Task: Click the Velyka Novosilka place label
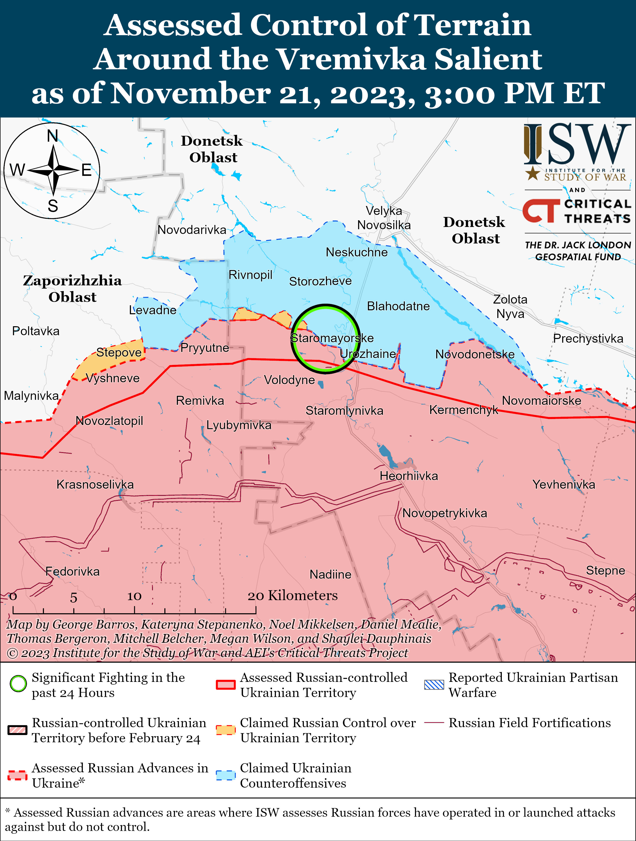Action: tap(384, 218)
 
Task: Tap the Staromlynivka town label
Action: tap(344, 411)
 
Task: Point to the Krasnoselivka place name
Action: tap(95, 484)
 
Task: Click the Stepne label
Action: tap(605, 570)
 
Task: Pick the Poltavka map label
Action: tap(36, 331)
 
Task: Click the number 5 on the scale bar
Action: tap(73, 598)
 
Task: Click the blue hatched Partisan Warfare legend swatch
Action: tap(434, 684)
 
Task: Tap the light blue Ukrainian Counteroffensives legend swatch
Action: tap(225, 775)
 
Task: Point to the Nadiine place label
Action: tap(330, 574)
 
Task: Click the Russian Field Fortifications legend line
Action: tap(434, 722)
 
